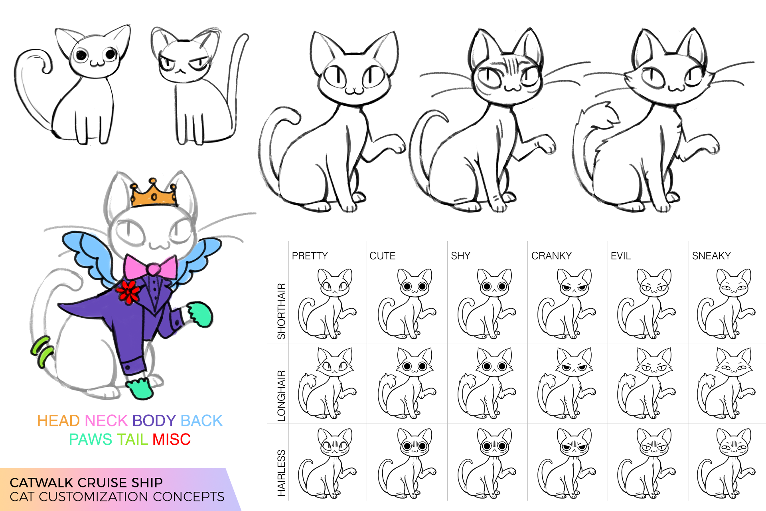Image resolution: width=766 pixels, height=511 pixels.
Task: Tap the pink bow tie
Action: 151,267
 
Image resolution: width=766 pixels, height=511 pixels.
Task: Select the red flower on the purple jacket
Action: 128,292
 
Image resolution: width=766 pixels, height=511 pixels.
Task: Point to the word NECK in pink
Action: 106,421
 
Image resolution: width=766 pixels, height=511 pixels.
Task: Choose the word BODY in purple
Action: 154,421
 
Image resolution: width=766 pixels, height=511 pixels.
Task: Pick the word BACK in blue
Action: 201,421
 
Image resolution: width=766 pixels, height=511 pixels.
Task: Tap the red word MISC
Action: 172,440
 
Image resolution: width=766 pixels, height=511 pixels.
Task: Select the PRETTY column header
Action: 310,256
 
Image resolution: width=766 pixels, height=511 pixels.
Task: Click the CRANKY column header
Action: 551,256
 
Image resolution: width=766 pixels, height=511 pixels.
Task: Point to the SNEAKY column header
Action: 711,256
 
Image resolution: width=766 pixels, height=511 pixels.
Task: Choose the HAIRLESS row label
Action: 282,473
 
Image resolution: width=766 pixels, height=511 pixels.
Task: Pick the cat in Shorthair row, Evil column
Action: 646,303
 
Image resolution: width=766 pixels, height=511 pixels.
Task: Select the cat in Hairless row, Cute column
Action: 407,463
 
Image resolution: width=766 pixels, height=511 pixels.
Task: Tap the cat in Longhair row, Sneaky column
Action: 726,383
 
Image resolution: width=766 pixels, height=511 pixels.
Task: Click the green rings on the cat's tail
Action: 43,352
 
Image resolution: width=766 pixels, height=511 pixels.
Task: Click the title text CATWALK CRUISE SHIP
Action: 86,483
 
